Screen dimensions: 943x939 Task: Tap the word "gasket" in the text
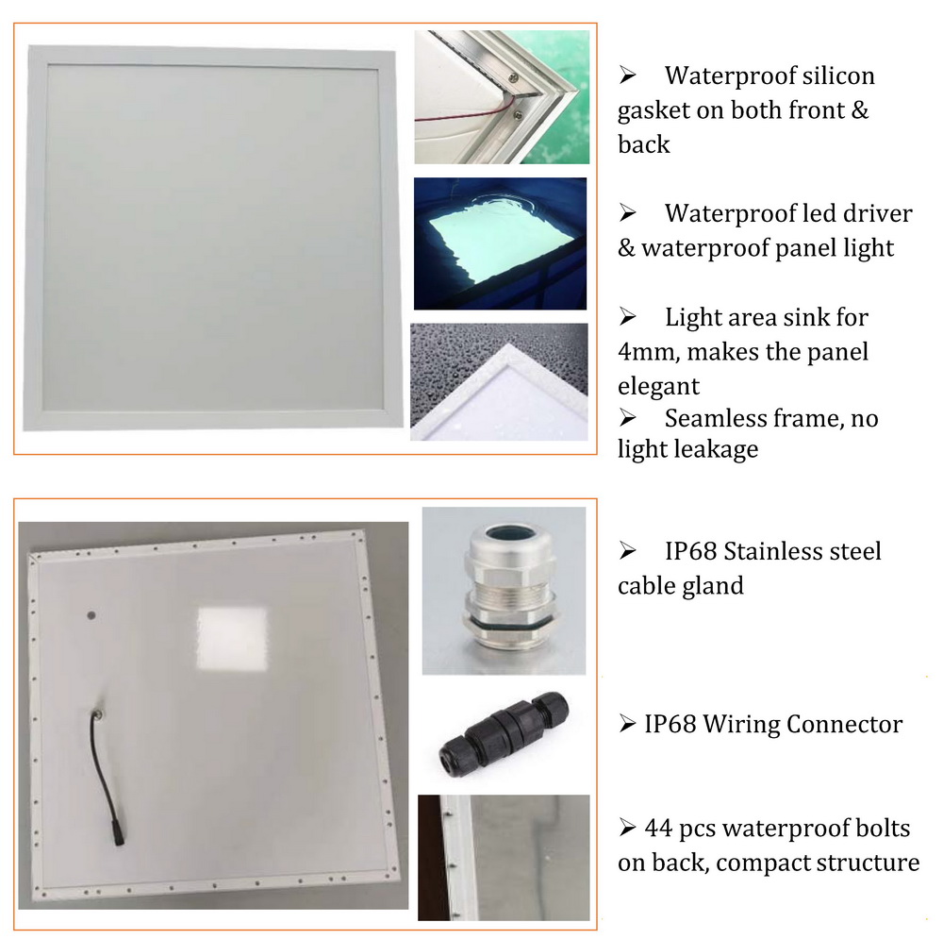653,111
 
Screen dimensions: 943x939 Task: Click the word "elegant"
658,387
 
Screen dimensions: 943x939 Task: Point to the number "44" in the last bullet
658,829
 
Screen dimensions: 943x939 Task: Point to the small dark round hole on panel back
91,615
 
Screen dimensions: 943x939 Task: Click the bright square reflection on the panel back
233,639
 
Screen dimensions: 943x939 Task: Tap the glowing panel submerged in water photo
501,243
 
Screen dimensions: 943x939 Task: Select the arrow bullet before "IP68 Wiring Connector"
627,724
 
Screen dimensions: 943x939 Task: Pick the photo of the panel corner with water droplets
499,381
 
